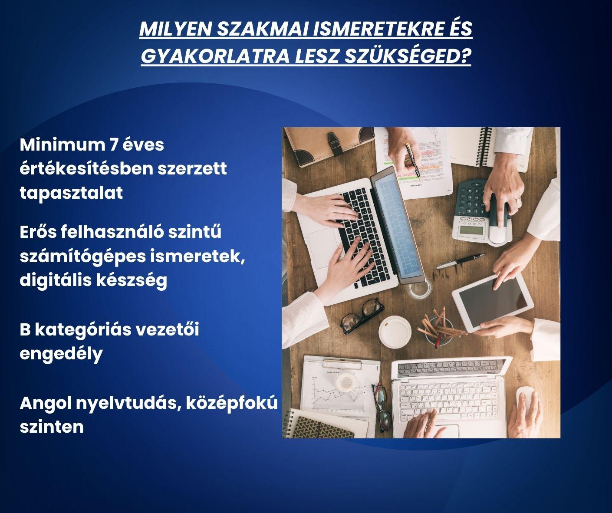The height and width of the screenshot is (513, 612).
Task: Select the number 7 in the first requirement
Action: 114,145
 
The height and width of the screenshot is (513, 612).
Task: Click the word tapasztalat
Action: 71,193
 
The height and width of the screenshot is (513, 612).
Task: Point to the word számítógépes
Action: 82,257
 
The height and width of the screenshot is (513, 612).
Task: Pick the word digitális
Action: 55,280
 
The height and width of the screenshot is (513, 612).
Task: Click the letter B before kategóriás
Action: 25,329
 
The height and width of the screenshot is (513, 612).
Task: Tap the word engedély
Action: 61,354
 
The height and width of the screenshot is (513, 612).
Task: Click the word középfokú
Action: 231,404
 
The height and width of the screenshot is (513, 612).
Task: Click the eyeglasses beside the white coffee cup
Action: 362,316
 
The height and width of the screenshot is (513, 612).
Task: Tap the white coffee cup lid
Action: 395,332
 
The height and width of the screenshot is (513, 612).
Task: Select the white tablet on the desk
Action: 492,302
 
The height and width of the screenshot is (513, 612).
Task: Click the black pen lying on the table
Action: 461,261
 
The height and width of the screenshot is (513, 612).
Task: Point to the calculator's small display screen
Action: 471,230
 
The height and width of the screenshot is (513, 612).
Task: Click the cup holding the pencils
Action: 439,331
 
